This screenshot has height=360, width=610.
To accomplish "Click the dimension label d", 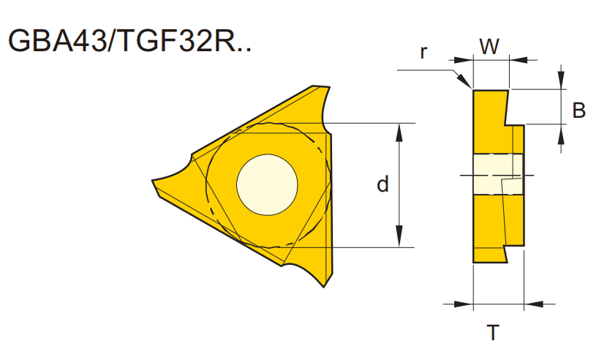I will [383, 184].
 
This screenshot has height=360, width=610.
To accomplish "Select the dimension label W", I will [489, 47].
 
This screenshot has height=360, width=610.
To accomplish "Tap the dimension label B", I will [579, 110].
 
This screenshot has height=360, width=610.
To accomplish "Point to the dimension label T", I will [494, 334].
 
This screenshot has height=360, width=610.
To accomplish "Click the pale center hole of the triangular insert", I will [266, 184].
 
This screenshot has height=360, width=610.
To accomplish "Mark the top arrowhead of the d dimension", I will [399, 130].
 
